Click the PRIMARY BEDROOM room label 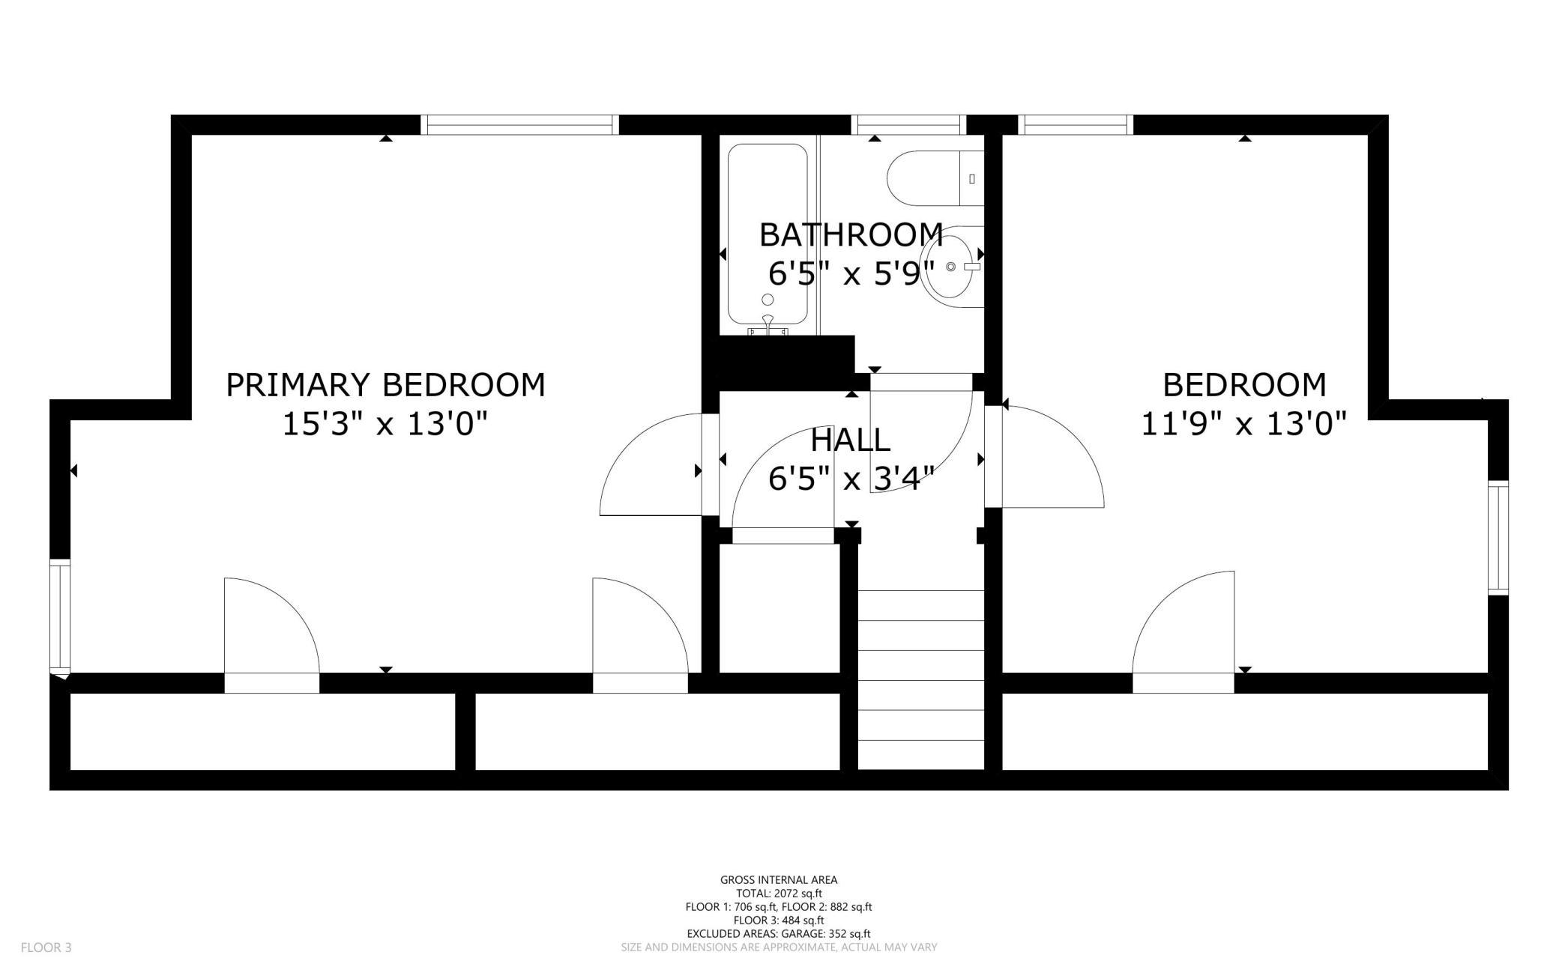click(x=385, y=385)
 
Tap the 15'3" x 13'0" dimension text click(x=385, y=424)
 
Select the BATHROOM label click(x=851, y=234)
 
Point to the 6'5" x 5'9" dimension click(x=851, y=273)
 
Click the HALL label click(x=851, y=440)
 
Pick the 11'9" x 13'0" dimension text click(x=1244, y=424)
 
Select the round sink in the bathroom click(x=952, y=266)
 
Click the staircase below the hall click(x=920, y=679)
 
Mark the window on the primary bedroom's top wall click(x=519, y=124)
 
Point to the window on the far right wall click(x=1498, y=537)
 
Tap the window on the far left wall click(x=60, y=616)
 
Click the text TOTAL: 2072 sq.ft click(x=779, y=894)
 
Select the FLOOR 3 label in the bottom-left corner click(x=46, y=948)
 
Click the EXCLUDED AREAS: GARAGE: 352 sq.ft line click(x=779, y=934)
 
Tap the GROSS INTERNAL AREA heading click(x=779, y=880)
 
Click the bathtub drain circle click(x=768, y=300)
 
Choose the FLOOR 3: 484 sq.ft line click(x=779, y=921)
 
